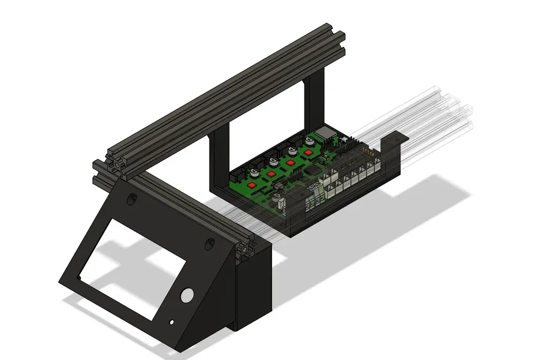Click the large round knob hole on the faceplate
pos(186,295)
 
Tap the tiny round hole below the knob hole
pos(171,321)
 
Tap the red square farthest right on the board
pos(308,153)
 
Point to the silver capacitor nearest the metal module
pos(310,138)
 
